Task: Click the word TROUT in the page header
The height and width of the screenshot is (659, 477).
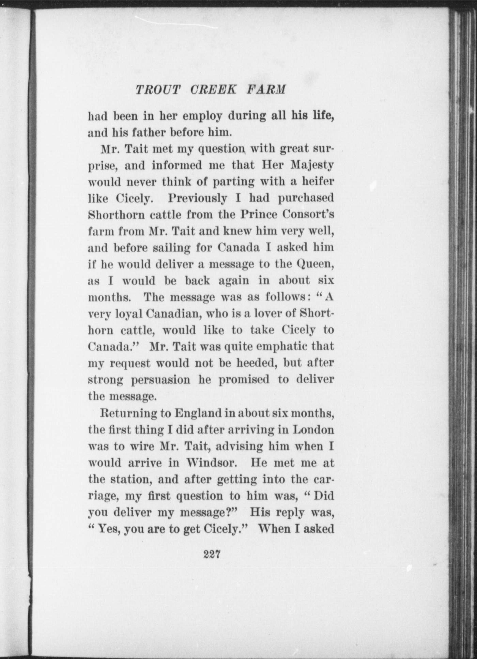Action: (x=158, y=90)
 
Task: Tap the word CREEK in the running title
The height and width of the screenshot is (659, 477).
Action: (x=213, y=90)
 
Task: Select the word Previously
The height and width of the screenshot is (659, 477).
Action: (x=198, y=198)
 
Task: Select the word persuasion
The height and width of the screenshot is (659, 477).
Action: (x=161, y=380)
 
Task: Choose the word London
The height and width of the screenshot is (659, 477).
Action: (x=313, y=430)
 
